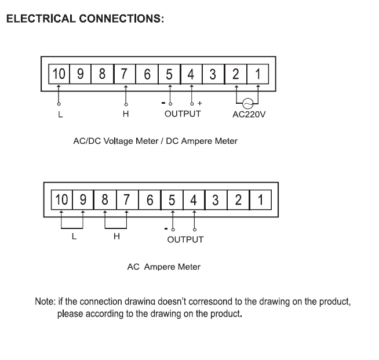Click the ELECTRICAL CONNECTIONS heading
coord(85,19)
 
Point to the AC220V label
coord(249,114)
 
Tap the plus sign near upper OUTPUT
coord(199,104)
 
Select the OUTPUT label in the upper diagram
coord(183,114)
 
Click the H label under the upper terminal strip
coord(126,114)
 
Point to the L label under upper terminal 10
coord(60,115)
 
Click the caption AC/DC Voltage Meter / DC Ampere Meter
coord(155,141)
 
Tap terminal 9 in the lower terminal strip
coord(83,200)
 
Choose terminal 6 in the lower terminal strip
coord(150,200)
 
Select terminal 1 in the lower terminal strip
coord(260,200)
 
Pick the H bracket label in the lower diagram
coord(116,237)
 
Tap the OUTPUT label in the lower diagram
coord(185,239)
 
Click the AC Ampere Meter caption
coord(164,267)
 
